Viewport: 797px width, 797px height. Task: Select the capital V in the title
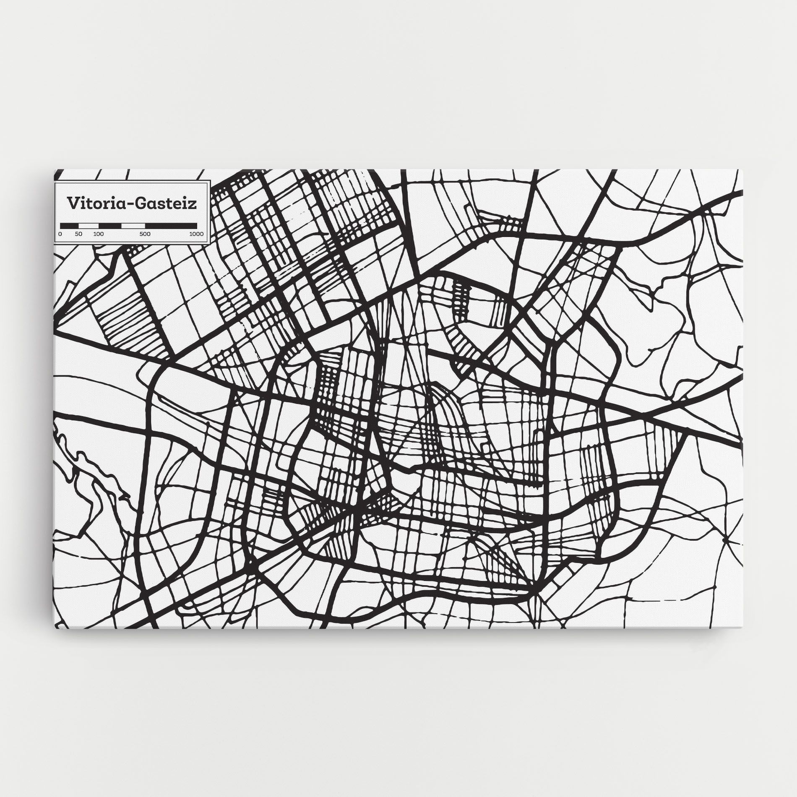pyautogui.click(x=73, y=203)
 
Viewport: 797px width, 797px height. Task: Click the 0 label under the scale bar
pyautogui.click(x=60, y=234)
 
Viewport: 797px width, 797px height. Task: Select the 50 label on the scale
pyautogui.click(x=79, y=234)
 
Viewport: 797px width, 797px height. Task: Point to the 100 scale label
pyautogui.click(x=98, y=234)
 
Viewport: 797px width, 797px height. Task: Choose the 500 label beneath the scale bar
pyautogui.click(x=145, y=234)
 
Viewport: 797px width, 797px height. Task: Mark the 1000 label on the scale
pyautogui.click(x=196, y=234)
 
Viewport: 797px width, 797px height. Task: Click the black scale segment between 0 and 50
pyautogui.click(x=70, y=225)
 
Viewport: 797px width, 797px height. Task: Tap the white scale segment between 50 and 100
pyautogui.click(x=89, y=225)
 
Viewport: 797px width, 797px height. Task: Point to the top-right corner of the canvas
pyautogui.click(x=743, y=170)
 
